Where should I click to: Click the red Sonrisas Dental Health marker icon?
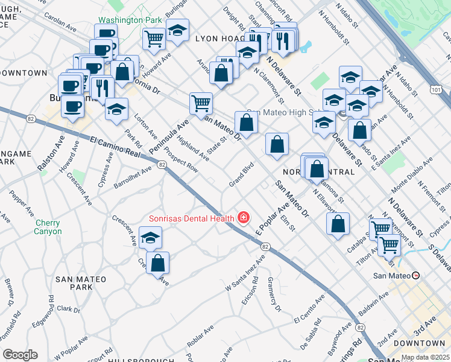pyautogui.click(x=244, y=217)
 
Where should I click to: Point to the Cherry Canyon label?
pyautogui.click(x=48, y=227)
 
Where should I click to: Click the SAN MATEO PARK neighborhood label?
pyautogui.click(x=81, y=284)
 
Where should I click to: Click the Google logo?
pyautogui.click(x=20, y=355)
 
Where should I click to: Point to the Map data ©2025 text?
pyautogui.click(x=425, y=357)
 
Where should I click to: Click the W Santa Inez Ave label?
pyautogui.click(x=245, y=273)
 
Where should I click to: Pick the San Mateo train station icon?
pyautogui.click(x=415, y=276)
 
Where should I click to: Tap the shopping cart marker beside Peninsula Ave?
pyautogui.click(x=201, y=102)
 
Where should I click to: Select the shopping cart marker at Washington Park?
pyautogui.click(x=154, y=37)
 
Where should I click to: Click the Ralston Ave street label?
pyautogui.click(x=51, y=154)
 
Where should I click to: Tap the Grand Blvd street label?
pyautogui.click(x=241, y=175)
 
